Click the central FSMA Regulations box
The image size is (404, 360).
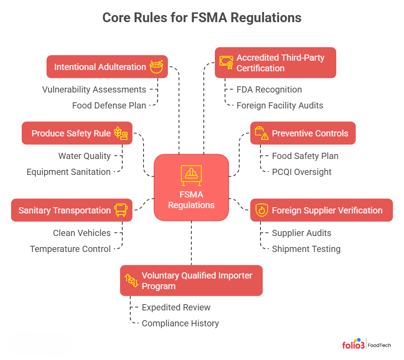tap(191, 187)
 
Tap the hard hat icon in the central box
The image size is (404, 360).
tap(191, 175)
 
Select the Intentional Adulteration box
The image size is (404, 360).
tap(107, 67)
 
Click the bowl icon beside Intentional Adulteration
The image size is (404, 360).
tap(156, 66)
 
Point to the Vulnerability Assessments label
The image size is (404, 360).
tap(94, 89)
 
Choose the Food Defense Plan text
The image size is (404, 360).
tap(109, 105)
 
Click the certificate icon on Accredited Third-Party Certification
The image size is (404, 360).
tap(226, 63)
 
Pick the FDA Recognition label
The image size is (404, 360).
tap(269, 89)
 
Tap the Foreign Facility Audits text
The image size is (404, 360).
tap(280, 105)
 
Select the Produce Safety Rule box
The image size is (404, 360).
tap(77, 133)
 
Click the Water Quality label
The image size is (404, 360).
tap(84, 156)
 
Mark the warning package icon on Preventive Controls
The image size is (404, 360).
tap(261, 133)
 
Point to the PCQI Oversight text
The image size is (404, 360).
tap(301, 172)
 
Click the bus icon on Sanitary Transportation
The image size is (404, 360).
tap(120, 210)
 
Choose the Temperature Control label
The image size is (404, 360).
tap(70, 249)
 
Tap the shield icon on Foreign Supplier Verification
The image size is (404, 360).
tap(261, 210)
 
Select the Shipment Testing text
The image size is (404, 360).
tap(306, 249)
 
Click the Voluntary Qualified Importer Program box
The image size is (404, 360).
tap(191, 281)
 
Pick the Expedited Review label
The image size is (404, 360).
tap(176, 307)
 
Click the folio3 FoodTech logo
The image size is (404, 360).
tap(366, 345)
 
